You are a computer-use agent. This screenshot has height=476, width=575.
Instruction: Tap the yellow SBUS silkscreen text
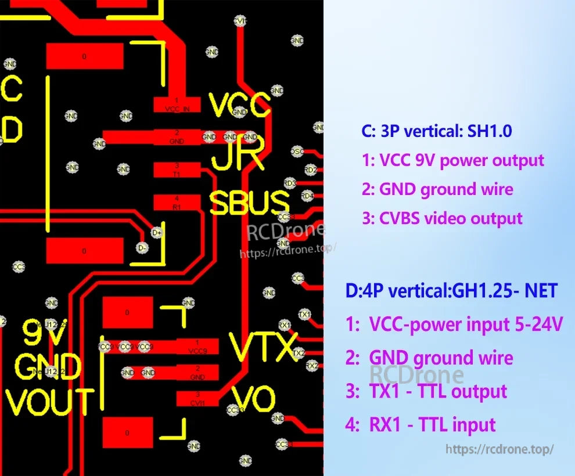point(249,203)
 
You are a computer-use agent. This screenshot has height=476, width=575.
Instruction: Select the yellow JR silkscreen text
point(238,155)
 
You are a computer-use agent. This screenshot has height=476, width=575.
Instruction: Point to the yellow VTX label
point(264,347)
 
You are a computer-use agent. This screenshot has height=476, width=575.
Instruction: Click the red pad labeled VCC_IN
point(177,105)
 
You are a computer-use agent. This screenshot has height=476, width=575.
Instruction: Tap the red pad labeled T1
point(177,170)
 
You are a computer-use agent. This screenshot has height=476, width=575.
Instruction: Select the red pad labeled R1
point(177,202)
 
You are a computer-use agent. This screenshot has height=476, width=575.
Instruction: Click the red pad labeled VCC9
point(197,347)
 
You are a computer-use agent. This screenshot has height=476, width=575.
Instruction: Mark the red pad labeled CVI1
point(197,399)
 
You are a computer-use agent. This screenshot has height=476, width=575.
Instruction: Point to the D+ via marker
point(156,233)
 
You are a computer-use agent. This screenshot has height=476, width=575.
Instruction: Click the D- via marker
point(143,247)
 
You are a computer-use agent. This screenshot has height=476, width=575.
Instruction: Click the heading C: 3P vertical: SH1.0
point(436,131)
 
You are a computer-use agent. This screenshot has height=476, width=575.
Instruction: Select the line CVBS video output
point(442,218)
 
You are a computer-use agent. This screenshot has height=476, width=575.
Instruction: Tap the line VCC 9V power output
point(452,160)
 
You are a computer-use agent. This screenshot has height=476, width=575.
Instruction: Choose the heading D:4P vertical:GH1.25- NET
point(451,290)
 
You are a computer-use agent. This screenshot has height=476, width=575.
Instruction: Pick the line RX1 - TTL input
point(421,424)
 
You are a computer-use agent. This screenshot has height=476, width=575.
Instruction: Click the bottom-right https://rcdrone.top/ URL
point(499,449)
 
